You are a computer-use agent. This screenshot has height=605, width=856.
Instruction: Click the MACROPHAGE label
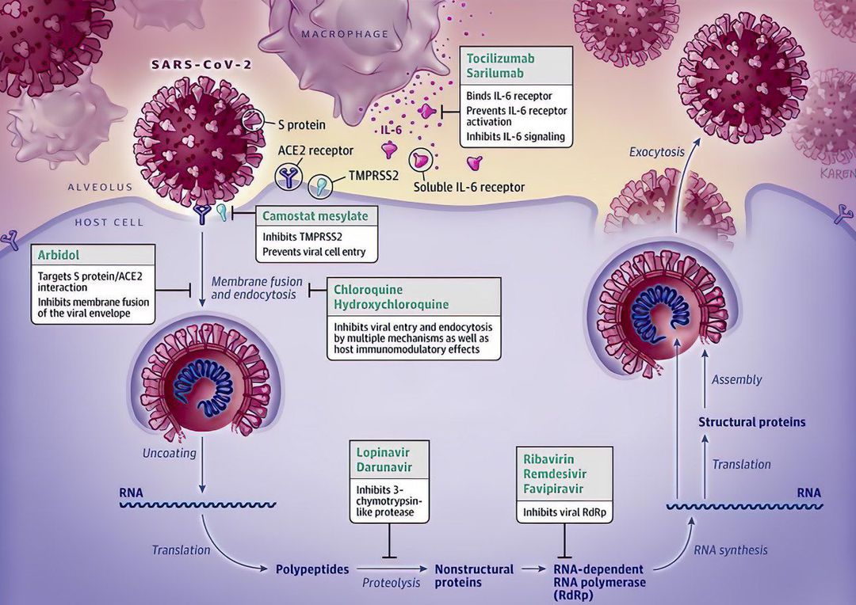coord(345,34)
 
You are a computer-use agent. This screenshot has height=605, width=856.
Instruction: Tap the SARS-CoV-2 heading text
coord(201,64)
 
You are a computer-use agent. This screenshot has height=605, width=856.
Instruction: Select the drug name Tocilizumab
coord(500,59)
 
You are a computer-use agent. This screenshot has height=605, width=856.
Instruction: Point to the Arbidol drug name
coord(57,256)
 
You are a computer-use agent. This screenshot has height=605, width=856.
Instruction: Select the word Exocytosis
coord(657,152)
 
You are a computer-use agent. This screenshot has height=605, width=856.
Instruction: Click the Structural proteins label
coord(751,422)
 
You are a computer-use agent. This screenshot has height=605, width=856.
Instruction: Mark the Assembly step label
coord(736,379)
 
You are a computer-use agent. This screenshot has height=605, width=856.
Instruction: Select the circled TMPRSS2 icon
coord(322,187)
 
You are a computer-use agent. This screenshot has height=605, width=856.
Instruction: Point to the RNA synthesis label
coord(730,550)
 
